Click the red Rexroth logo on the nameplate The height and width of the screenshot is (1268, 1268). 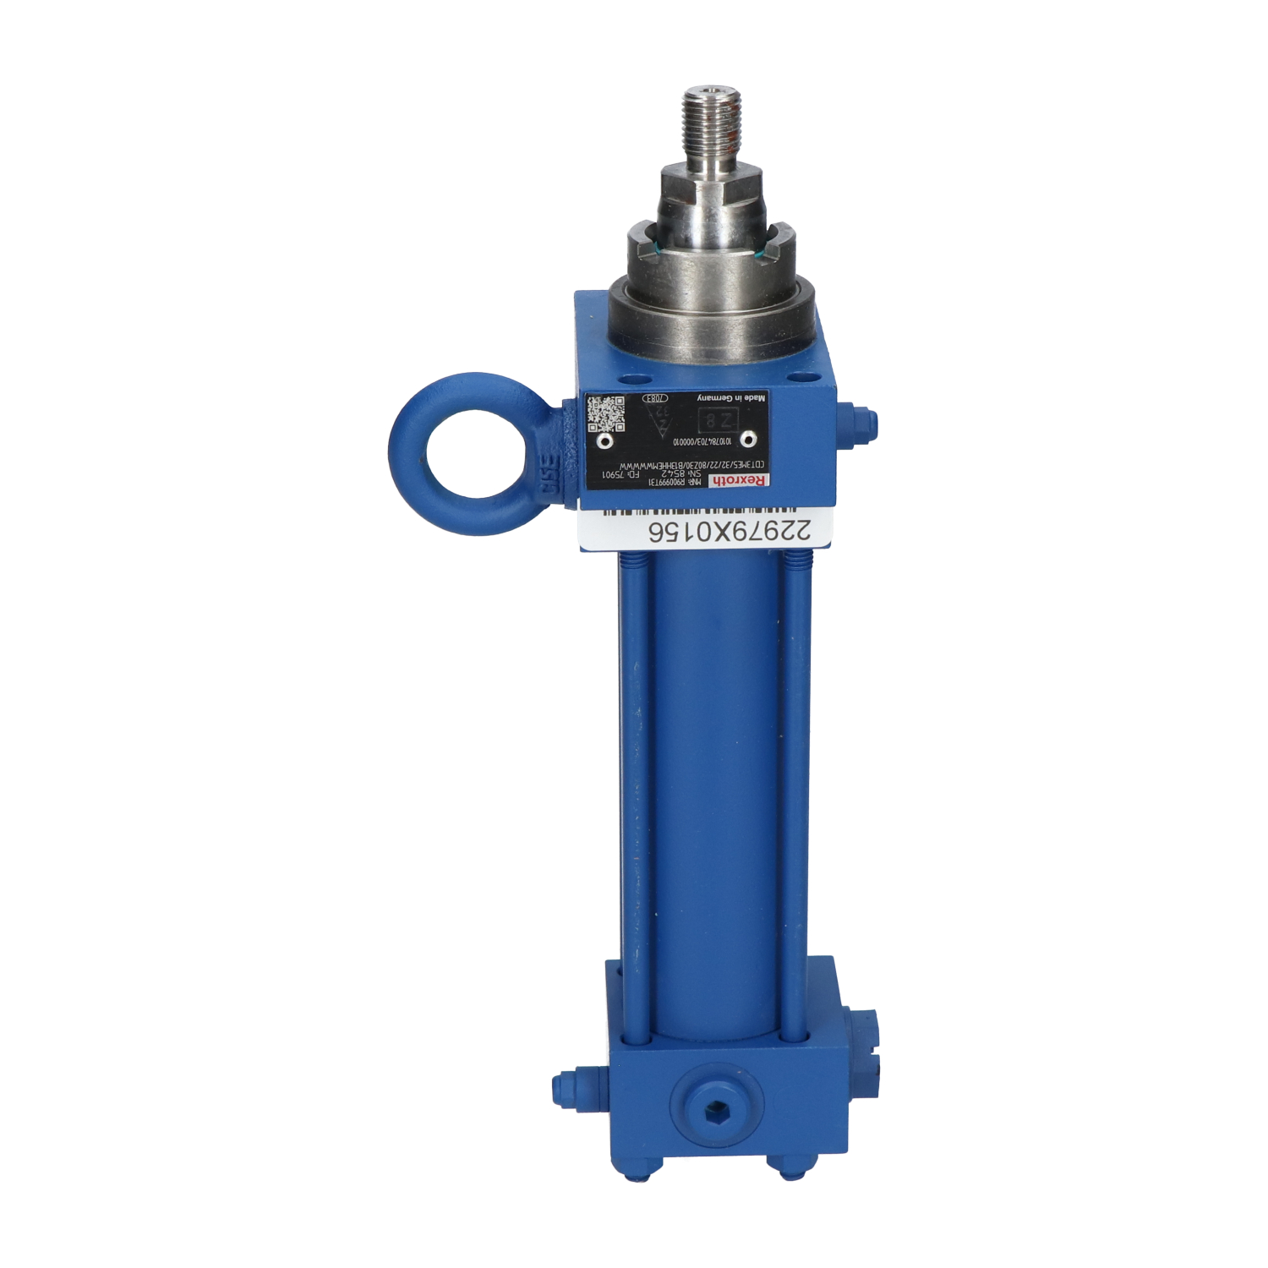click(740, 480)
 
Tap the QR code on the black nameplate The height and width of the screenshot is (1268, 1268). click(606, 413)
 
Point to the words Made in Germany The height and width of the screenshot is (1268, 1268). click(732, 397)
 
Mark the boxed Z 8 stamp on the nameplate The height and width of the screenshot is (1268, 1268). click(717, 420)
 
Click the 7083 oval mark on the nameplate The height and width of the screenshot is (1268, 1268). click(656, 397)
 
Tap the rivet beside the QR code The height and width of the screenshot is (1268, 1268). click(604, 441)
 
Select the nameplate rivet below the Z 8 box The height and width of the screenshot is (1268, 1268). click(748, 439)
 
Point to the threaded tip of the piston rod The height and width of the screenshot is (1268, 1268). click(712, 110)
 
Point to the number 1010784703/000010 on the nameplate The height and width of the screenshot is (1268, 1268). click(702, 441)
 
